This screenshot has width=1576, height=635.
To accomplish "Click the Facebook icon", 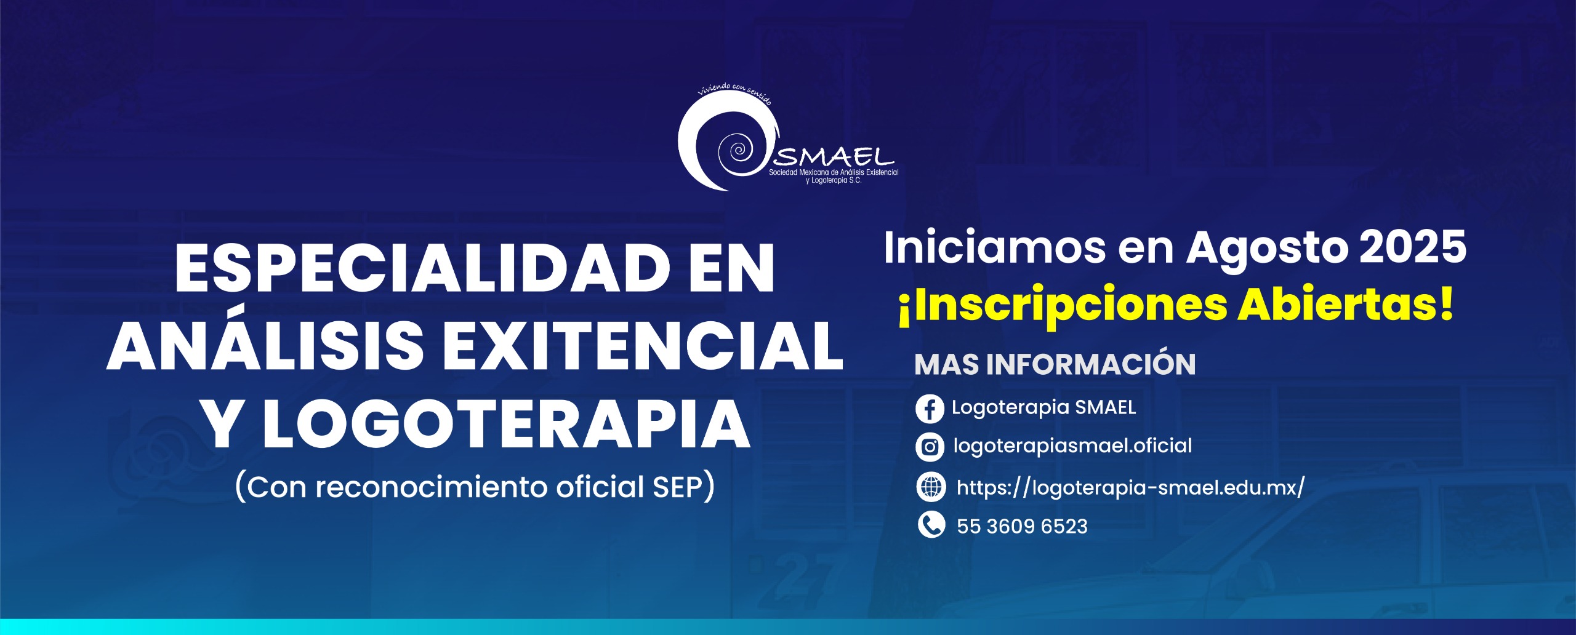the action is click(x=930, y=409).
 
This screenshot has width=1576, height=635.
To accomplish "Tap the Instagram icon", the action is click(x=930, y=447).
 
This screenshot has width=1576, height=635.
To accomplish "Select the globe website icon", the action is click(x=931, y=487).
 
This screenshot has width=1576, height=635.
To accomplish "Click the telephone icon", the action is click(x=931, y=525).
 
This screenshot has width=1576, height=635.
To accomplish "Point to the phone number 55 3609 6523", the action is click(x=1022, y=527).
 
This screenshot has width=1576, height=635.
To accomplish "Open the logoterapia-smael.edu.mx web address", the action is click(x=1130, y=488).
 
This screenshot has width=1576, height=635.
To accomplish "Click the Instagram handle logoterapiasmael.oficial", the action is click(x=1072, y=446).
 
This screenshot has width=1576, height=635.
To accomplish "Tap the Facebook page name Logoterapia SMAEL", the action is click(x=1044, y=407).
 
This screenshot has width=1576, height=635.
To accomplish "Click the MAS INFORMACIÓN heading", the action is click(x=1055, y=364).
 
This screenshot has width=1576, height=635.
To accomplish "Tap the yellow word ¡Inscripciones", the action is click(x=1063, y=306).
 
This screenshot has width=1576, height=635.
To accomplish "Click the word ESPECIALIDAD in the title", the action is click(x=422, y=268).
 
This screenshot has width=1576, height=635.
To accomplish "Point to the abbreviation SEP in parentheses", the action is click(x=677, y=487).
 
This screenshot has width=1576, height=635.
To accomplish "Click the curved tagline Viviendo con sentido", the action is click(x=734, y=92).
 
